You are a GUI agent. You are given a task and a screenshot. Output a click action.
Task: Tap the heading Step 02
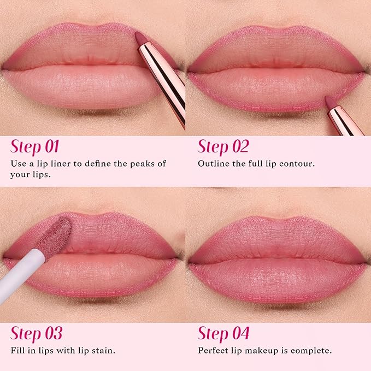tap(223, 148)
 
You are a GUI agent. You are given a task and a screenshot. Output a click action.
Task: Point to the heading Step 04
tap(223, 333)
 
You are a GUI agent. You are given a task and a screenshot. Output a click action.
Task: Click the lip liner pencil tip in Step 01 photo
tap(140, 39)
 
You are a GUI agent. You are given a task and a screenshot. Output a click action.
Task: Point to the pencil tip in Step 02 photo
tap(329, 102)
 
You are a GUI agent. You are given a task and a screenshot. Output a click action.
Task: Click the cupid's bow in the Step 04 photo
tap(278, 221)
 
